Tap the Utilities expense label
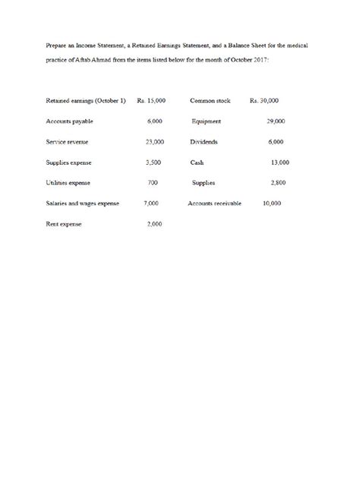(68, 183)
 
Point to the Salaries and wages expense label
(84, 204)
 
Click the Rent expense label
(64, 224)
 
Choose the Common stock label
(210, 101)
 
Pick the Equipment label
(207, 122)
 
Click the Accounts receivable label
(215, 204)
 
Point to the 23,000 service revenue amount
(154, 142)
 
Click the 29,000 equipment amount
(276, 122)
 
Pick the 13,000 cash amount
(279, 163)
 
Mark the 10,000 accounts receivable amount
(271, 204)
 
